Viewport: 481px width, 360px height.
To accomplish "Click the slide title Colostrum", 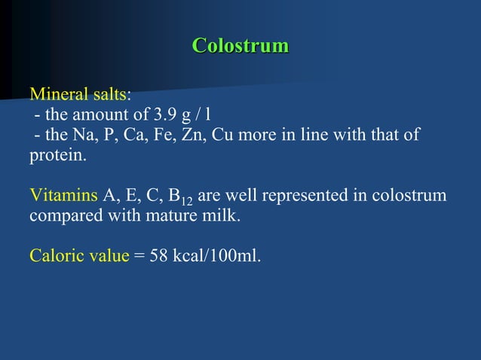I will (x=240, y=45).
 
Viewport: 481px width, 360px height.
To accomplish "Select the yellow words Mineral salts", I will (x=78, y=96).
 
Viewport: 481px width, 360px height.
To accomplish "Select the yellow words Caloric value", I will (x=79, y=255).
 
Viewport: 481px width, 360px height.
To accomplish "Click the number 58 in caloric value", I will (x=158, y=255).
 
